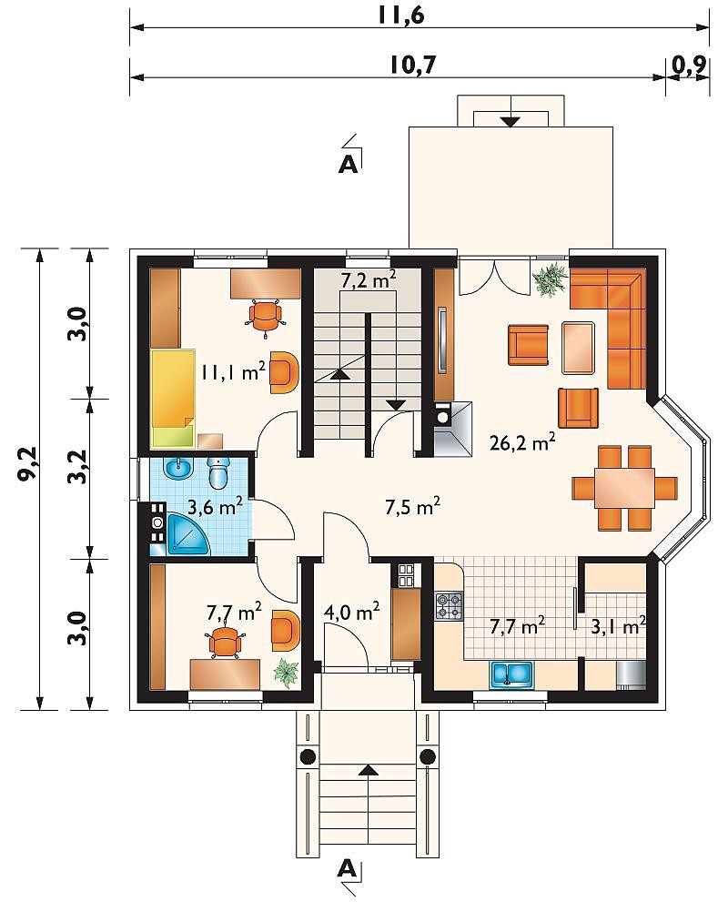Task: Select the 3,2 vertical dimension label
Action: click(78, 466)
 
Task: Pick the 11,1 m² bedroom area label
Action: click(233, 371)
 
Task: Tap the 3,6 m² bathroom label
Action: click(216, 507)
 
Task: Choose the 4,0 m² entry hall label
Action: click(351, 612)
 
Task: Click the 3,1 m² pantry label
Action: click(618, 626)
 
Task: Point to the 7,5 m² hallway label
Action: click(413, 507)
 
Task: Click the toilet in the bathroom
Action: click(218, 471)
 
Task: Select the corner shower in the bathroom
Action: click(188, 534)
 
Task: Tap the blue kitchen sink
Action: click(511, 675)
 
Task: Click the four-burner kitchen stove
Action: click(450, 606)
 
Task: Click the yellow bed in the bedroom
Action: click(173, 398)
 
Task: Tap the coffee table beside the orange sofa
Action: click(579, 348)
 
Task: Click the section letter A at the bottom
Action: click(347, 868)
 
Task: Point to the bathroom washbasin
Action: click(177, 470)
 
